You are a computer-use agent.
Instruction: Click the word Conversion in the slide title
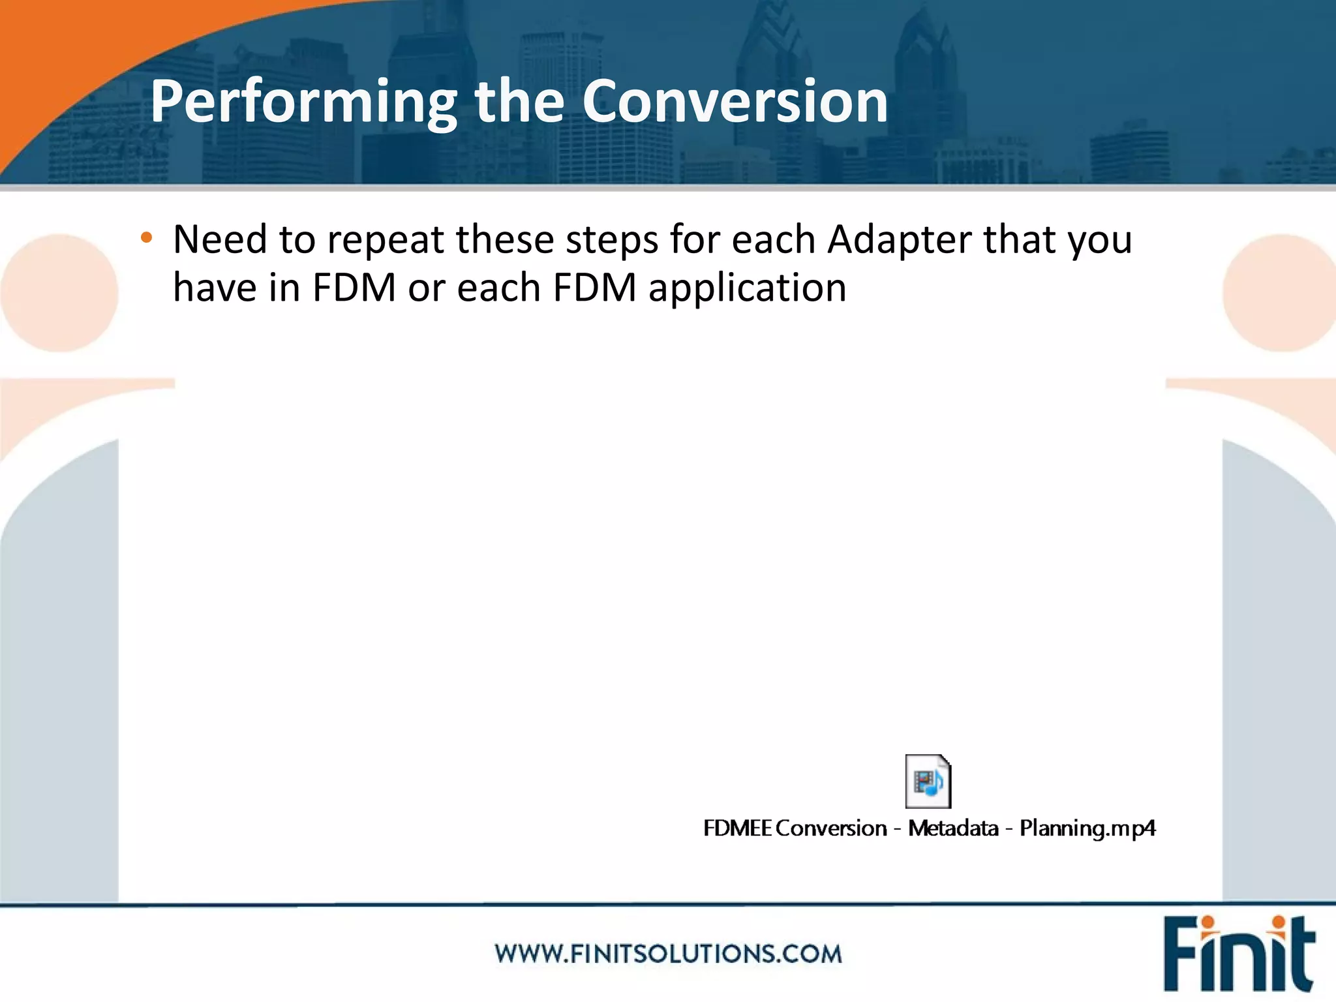point(735,102)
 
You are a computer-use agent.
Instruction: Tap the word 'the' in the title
point(519,102)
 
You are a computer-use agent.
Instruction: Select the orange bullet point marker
point(146,238)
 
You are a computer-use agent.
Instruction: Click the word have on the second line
point(215,288)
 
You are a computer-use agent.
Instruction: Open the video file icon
point(928,781)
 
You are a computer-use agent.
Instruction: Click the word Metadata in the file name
point(953,828)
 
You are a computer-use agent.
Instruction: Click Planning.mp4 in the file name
point(1087,828)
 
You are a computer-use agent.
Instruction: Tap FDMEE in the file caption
point(737,828)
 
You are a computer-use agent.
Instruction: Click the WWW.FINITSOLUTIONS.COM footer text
point(668,954)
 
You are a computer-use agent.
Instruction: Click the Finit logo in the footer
point(1238,954)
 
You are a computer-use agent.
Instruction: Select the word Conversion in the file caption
point(831,828)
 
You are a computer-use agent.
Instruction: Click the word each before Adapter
point(774,239)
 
